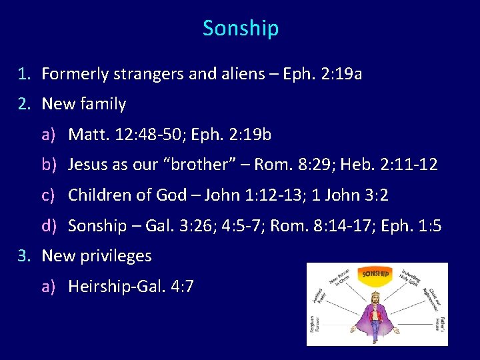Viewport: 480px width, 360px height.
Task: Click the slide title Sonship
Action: tap(240, 29)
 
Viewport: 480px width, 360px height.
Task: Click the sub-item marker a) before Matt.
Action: tap(49, 135)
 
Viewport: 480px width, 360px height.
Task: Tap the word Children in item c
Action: tap(100, 195)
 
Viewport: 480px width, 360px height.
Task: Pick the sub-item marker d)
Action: tap(49, 226)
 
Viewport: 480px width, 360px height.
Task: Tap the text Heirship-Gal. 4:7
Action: tap(131, 287)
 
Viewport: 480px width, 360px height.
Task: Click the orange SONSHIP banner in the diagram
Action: tap(375, 273)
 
